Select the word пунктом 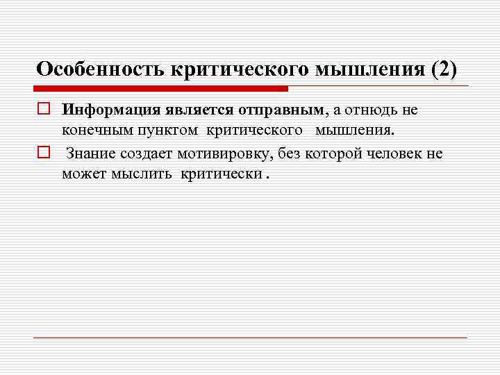pyautogui.click(x=165, y=130)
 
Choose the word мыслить pyautogui.click(x=142, y=173)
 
